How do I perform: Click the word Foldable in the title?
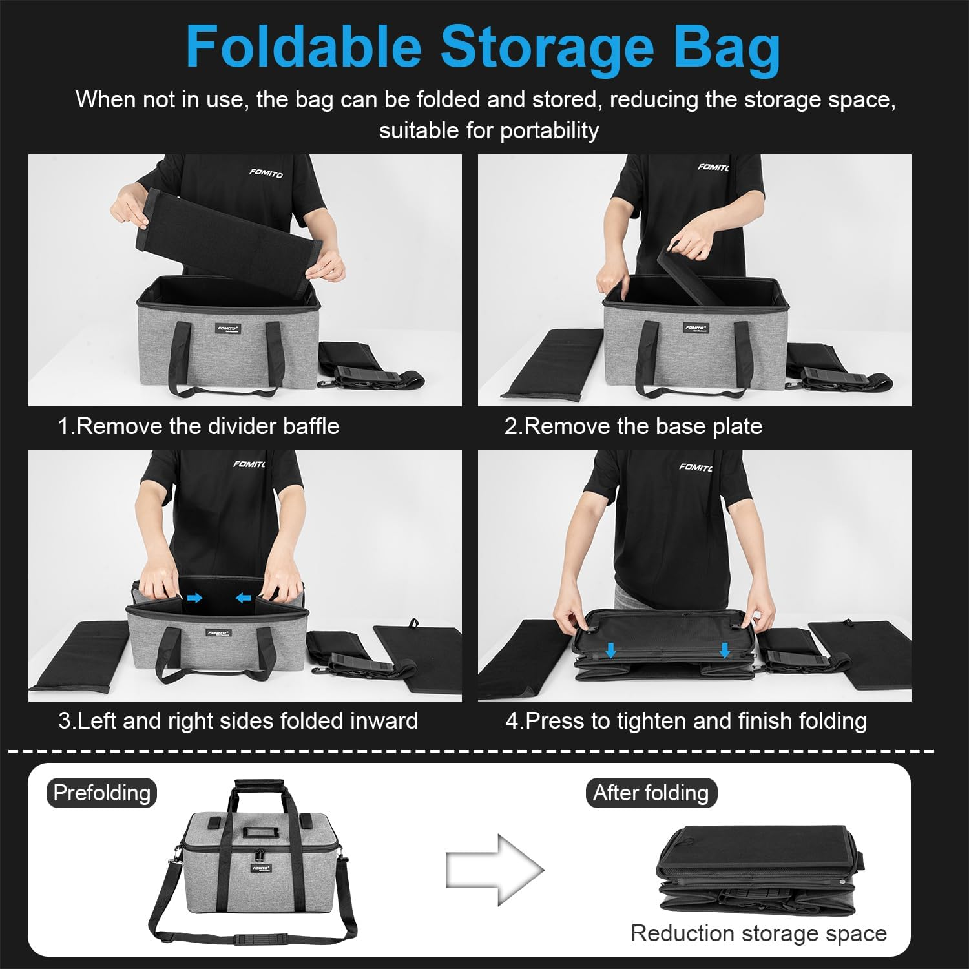tap(304, 47)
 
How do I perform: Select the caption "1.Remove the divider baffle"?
tap(198, 426)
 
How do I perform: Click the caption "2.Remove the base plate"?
tap(633, 426)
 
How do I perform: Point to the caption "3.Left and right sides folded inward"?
tap(238, 720)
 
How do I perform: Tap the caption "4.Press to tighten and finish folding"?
tap(686, 720)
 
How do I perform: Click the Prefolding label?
tap(101, 793)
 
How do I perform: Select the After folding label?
tap(651, 793)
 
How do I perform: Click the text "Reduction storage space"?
tap(758, 933)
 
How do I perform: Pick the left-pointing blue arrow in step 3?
tap(243, 598)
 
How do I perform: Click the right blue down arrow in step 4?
tap(725, 650)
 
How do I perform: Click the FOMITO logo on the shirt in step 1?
tap(266, 173)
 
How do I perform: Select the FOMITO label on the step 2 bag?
tap(696, 328)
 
